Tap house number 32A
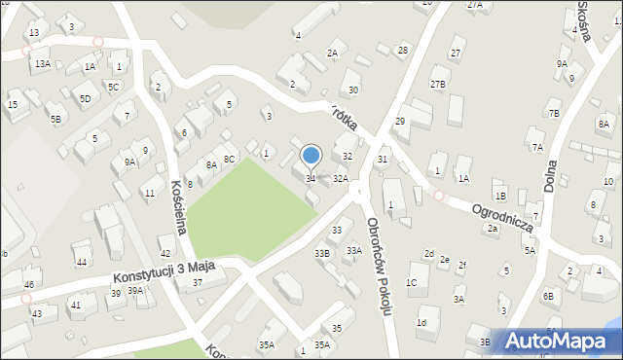click(x=341, y=179)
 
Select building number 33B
click(x=322, y=254)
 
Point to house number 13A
click(x=43, y=63)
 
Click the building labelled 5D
click(x=86, y=98)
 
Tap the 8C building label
click(x=230, y=159)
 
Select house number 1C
click(x=412, y=282)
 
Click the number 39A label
click(x=135, y=290)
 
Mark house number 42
click(x=165, y=253)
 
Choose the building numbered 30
click(x=354, y=90)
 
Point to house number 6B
click(x=548, y=295)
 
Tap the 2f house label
click(x=462, y=266)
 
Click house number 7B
click(x=554, y=114)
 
